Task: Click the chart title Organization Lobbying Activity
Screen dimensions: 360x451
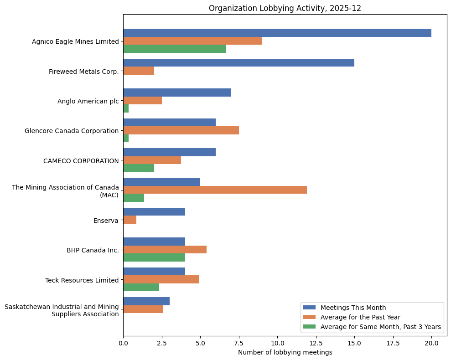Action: pos(285,8)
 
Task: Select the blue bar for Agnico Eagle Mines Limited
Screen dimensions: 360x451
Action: pos(277,33)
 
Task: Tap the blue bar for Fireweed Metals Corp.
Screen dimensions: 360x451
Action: pos(238,63)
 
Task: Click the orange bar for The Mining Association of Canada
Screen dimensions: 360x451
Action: pos(215,190)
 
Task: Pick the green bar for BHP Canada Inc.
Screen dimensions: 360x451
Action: pos(154,257)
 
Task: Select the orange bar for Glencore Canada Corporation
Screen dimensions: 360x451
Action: pos(181,130)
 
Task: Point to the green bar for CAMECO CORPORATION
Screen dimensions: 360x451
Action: pos(138,168)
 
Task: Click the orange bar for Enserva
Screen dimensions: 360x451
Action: pos(130,220)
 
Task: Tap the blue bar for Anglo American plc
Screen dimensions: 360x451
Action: pos(177,93)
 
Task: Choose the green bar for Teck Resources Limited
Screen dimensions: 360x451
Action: pos(141,287)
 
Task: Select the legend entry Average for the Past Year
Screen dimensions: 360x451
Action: pos(360,317)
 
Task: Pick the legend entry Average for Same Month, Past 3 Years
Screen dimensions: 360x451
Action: pos(380,327)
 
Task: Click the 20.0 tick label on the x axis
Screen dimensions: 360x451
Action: pos(431,343)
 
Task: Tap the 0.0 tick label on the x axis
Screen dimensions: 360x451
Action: pos(123,343)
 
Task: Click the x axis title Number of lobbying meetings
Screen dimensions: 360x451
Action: pos(285,352)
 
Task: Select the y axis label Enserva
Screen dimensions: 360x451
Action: pos(106,221)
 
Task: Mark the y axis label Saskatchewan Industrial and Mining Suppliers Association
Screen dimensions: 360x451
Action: pos(62,310)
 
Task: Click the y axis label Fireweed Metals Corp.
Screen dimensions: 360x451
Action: pos(83,72)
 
